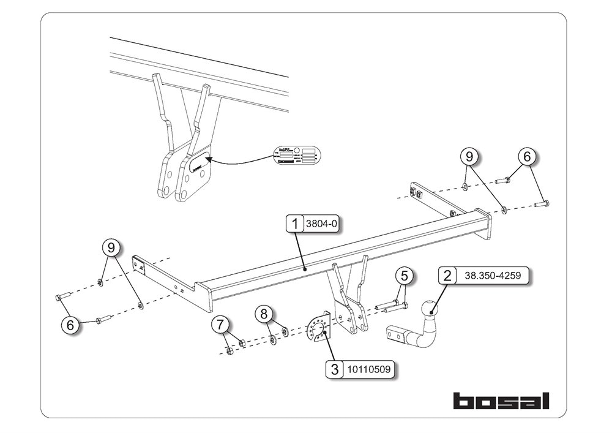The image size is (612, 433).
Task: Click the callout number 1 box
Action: tap(295, 224)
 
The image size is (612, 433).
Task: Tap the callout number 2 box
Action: tap(448, 276)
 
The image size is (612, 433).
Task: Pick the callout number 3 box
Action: tap(334, 369)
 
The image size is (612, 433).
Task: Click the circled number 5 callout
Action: tap(403, 276)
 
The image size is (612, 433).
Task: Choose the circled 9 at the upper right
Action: tap(469, 157)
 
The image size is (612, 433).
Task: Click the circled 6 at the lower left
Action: tap(71, 325)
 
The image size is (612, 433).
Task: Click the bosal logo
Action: tap(501, 401)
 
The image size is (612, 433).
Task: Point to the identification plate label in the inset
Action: tap(297, 156)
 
